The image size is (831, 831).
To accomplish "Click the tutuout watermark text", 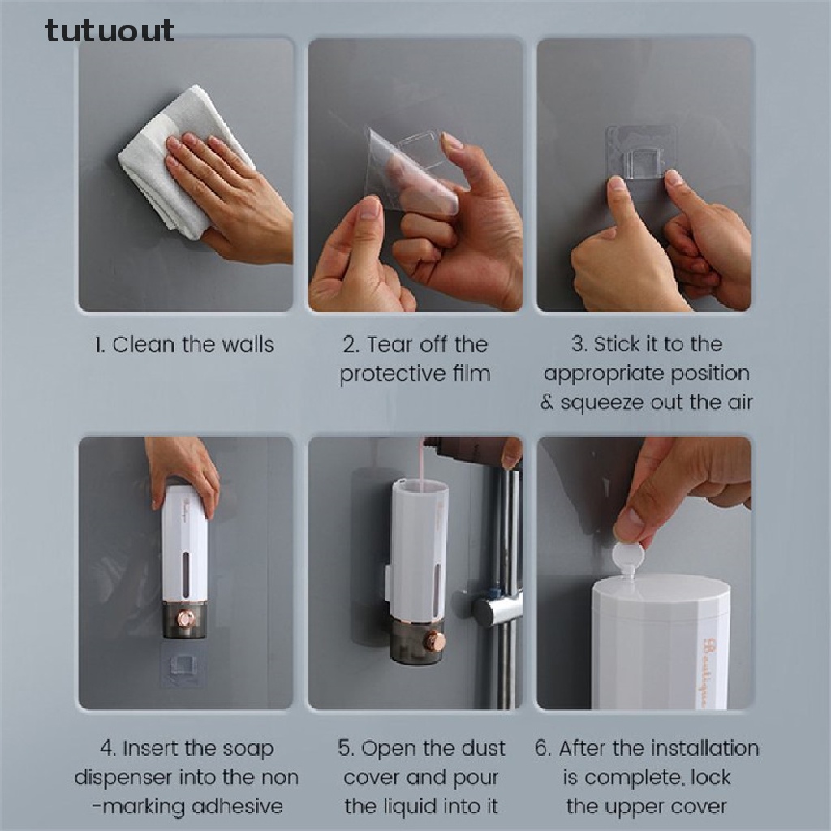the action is (110, 31).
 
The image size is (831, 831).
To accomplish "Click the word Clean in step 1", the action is (144, 344).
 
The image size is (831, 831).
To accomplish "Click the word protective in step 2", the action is (392, 375).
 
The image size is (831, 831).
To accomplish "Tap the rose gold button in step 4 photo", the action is (186, 618).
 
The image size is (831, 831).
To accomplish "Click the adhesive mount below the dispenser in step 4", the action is (182, 665).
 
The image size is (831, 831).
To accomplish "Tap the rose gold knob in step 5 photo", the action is (436, 640).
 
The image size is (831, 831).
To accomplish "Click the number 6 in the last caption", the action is (540, 748).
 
